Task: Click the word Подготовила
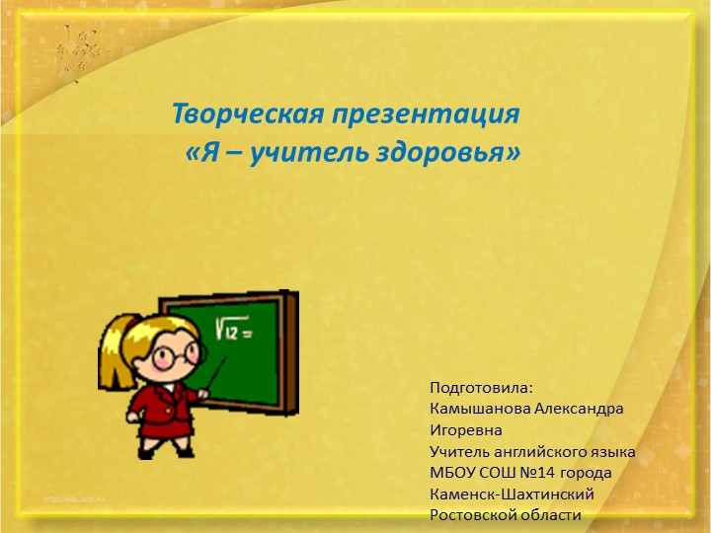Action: [x=481, y=386]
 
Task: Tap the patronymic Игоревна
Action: [x=466, y=429]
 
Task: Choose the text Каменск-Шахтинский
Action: [x=512, y=494]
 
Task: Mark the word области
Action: [x=552, y=515]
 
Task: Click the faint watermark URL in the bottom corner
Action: [x=79, y=501]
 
